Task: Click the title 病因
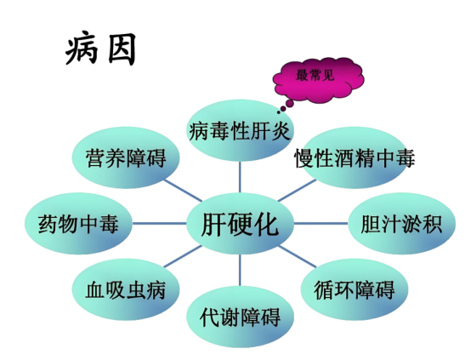tap(100, 49)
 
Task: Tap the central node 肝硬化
tap(240, 224)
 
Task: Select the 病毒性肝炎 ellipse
tap(240, 131)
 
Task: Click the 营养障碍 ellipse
tap(126, 157)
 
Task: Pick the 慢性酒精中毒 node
tap(355, 157)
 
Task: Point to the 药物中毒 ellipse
tap(78, 224)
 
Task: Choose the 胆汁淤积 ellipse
tap(401, 224)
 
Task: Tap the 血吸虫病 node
tap(126, 289)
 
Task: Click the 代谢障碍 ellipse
tap(240, 317)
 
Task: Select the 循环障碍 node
tap(355, 289)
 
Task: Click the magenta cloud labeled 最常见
tap(319, 79)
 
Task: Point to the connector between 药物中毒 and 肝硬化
tap(159, 224)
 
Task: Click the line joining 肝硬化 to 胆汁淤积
tap(321, 224)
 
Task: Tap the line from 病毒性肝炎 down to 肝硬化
tap(240, 177)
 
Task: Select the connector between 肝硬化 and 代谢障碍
tap(240, 270)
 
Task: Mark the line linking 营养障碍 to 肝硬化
tap(182, 191)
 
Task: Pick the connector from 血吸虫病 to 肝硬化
tap(182, 256)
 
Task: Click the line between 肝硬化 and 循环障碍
tap(298, 256)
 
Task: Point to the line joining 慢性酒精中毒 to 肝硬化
tap(298, 191)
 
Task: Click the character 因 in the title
tap(122, 49)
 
